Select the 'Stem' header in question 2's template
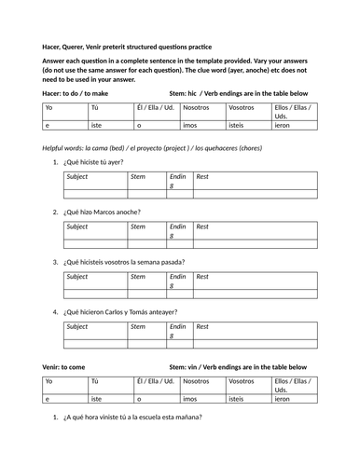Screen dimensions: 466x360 pos(138,226)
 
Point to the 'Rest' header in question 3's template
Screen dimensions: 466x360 pos(202,276)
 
